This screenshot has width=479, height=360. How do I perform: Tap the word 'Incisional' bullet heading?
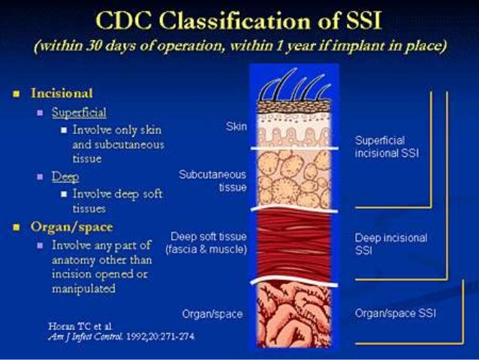pos(62,94)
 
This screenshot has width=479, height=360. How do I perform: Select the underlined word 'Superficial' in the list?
pos(79,113)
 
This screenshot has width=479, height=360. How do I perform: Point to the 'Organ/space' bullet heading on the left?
pos(71,226)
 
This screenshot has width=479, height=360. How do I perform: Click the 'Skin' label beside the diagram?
pos(236,126)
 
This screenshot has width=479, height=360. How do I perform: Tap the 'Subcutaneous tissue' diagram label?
pos(213,181)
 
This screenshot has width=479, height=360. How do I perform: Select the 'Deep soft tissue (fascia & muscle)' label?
pos(209,243)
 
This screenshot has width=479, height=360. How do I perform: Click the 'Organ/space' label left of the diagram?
pos(212,313)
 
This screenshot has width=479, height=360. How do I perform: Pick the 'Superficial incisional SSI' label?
pos(386,147)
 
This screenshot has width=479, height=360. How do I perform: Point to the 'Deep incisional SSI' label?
pos(391,244)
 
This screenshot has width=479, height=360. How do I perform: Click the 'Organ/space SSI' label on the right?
pos(395,313)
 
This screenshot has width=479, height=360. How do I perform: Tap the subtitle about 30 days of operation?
pos(239,46)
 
